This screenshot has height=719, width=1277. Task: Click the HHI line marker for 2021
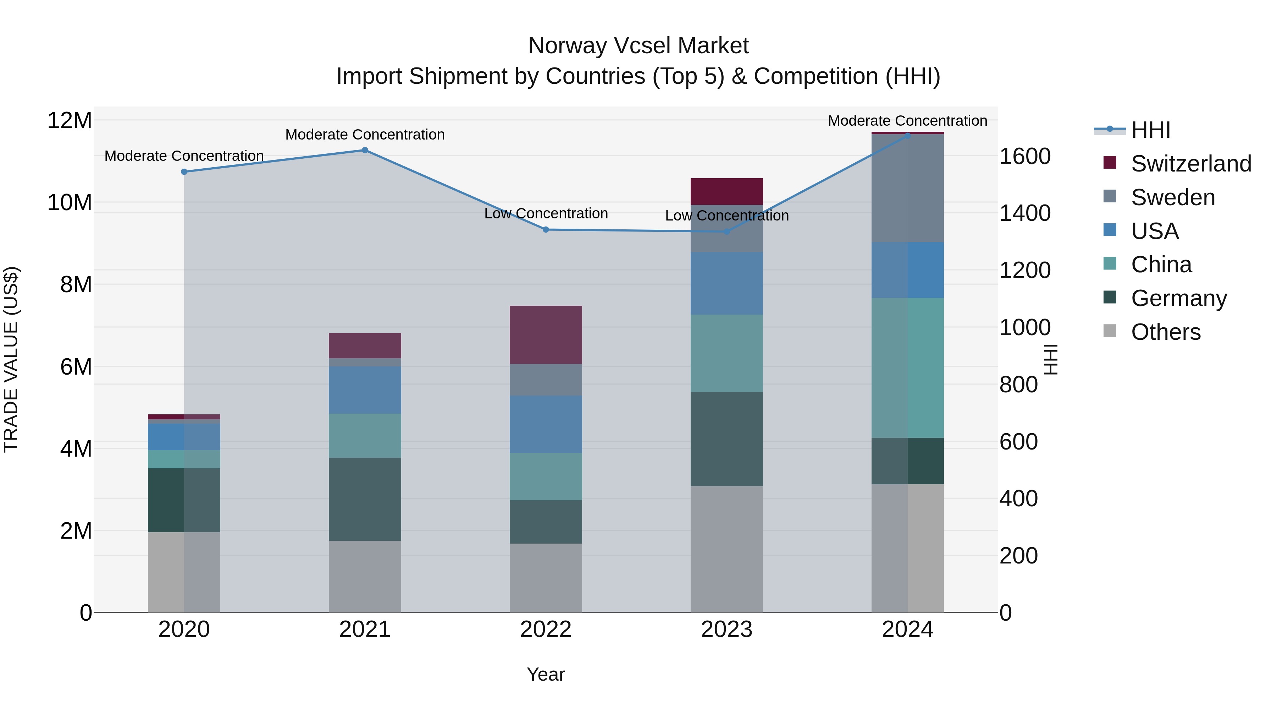[x=365, y=150]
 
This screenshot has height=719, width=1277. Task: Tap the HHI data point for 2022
[x=546, y=229]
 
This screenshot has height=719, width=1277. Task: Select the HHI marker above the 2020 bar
[x=184, y=172]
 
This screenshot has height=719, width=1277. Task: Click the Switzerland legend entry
[x=1191, y=164]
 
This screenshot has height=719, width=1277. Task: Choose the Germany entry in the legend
[x=1178, y=298]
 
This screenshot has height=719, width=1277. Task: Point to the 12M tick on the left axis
[x=70, y=121]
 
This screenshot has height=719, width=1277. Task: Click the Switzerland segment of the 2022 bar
[x=546, y=335]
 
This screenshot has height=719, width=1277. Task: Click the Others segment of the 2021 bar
[x=365, y=576]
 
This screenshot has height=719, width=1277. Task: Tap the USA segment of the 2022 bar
[x=546, y=424]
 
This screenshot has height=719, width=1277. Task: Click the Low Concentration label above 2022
[x=546, y=213]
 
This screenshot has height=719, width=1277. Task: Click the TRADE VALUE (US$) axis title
[x=11, y=359]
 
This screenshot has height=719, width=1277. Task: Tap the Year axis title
[x=546, y=674]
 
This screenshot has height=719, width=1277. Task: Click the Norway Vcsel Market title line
[x=638, y=46]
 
